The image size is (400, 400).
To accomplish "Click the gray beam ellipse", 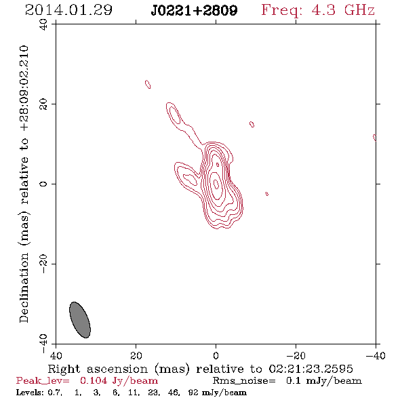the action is tap(80, 320).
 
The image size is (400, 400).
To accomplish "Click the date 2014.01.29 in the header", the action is tap(68, 10).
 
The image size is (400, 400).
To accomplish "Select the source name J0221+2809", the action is tap(194, 10).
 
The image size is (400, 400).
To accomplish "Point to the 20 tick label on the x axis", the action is tap(136, 356).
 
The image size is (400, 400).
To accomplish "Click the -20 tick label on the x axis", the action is tap(296, 356).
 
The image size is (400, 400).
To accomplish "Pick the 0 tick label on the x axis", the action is tap(216, 356).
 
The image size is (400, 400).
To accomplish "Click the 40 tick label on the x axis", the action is tap(56, 356).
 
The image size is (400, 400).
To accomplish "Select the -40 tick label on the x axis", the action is tap(376, 356).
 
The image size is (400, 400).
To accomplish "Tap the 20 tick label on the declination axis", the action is tap(43, 104).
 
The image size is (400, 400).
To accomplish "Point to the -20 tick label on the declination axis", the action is tap(43, 264).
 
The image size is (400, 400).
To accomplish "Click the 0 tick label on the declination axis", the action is tap(43, 184).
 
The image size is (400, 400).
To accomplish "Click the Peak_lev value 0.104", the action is tap(94, 380).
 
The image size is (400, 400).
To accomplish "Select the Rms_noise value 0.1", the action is tap(293, 380).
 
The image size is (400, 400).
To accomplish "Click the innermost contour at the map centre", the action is tap(216, 184).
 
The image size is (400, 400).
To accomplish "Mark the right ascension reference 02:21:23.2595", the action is tap(311, 369).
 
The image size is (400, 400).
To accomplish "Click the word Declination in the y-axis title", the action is tap(24, 287).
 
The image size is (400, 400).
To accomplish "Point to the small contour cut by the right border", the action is tap(374, 138).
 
